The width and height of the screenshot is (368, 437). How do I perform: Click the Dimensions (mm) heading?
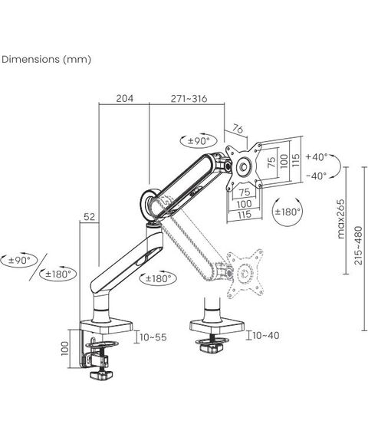click(x=46, y=59)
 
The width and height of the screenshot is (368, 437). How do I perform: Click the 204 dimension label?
click(x=125, y=98)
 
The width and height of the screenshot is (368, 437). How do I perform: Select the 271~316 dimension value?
click(x=189, y=98)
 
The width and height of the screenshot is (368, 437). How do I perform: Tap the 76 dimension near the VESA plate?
click(x=238, y=129)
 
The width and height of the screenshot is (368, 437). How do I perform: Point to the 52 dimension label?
click(x=89, y=216)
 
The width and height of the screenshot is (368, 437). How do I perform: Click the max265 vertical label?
click(x=340, y=219)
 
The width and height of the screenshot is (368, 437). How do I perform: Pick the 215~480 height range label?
click(x=358, y=245)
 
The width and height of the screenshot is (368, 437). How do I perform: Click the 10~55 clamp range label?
click(x=153, y=337)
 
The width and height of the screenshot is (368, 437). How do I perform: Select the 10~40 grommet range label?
click(x=266, y=335)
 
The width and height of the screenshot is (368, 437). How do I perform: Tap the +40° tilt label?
click(x=317, y=157)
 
